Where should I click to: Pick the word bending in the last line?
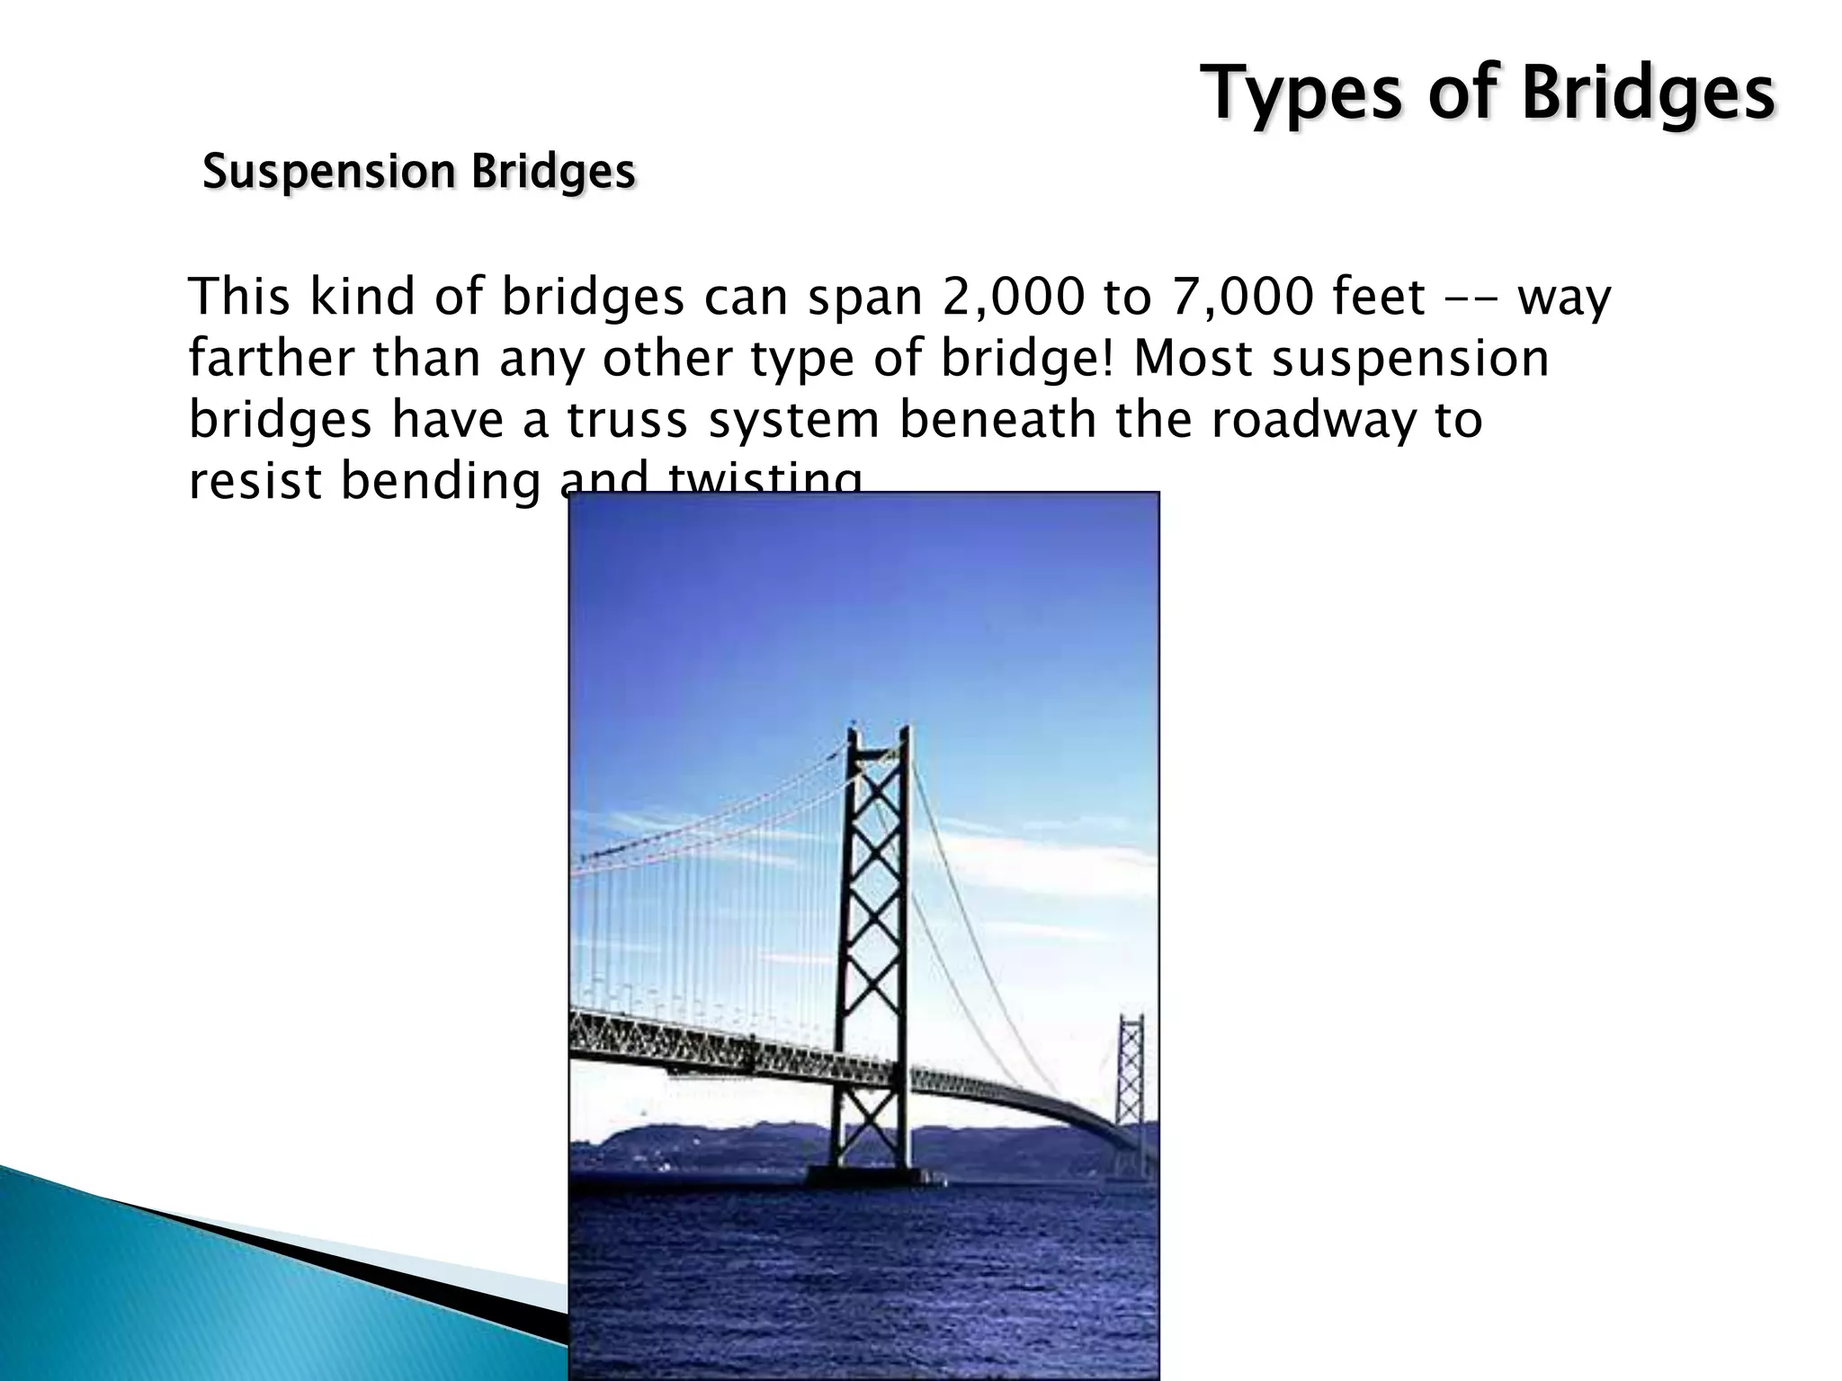click(441, 481)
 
